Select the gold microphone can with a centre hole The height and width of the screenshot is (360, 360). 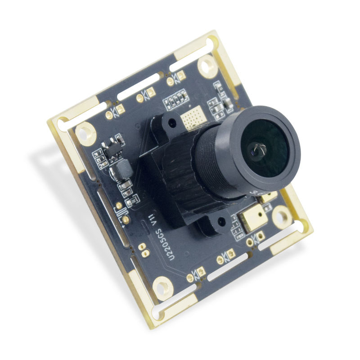tap(252, 220)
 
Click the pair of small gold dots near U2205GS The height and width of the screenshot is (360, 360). tap(142, 248)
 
